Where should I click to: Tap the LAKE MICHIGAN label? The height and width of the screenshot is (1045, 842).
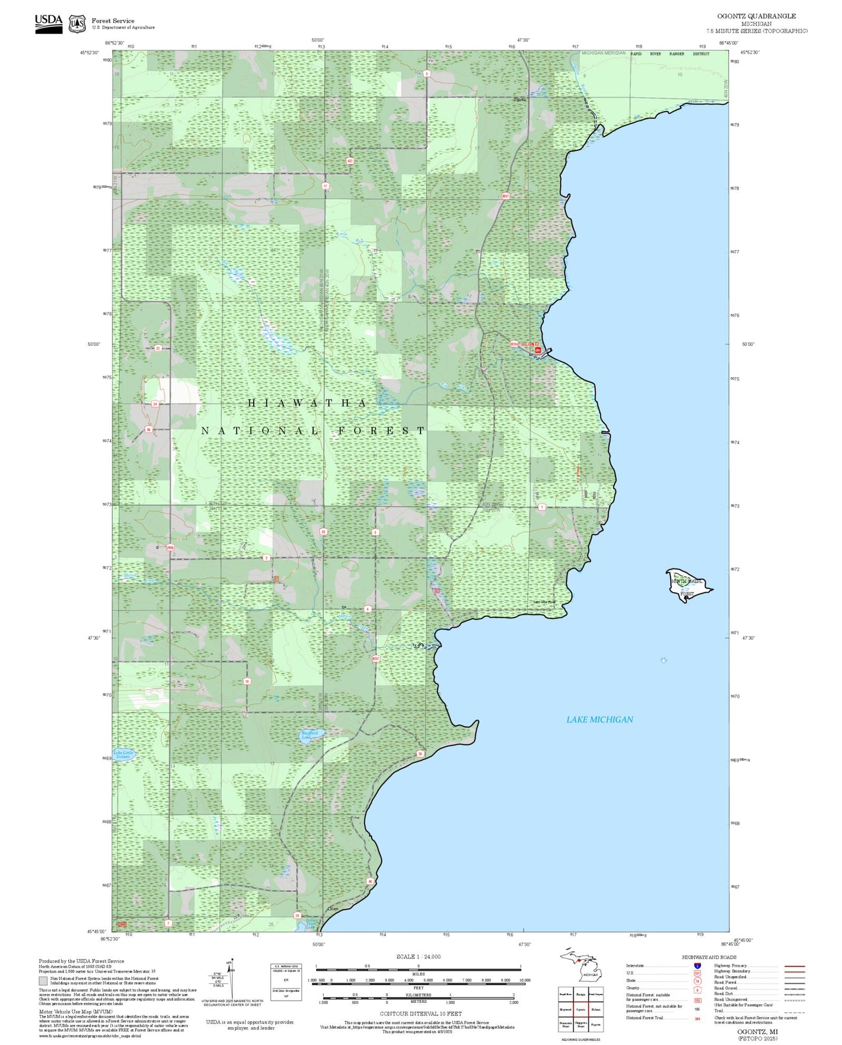[599, 719]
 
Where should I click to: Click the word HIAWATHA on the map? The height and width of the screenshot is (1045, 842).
[308, 403]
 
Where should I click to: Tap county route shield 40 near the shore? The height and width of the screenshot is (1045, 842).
[370, 881]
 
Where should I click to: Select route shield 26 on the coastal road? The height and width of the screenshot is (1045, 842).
[420, 754]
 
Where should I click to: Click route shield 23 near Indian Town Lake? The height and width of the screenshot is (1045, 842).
[297, 915]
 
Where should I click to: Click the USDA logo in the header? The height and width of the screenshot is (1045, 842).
[48, 23]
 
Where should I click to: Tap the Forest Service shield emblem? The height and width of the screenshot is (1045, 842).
[77, 24]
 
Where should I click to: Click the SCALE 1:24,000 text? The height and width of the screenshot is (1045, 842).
[418, 956]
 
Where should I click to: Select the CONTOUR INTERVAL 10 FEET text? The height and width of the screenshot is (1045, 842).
[420, 1014]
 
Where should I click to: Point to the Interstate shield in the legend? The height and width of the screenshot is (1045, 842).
[697, 965]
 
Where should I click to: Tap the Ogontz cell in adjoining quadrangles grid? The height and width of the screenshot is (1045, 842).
[580, 1010]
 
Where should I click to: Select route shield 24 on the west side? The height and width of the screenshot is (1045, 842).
[155, 404]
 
